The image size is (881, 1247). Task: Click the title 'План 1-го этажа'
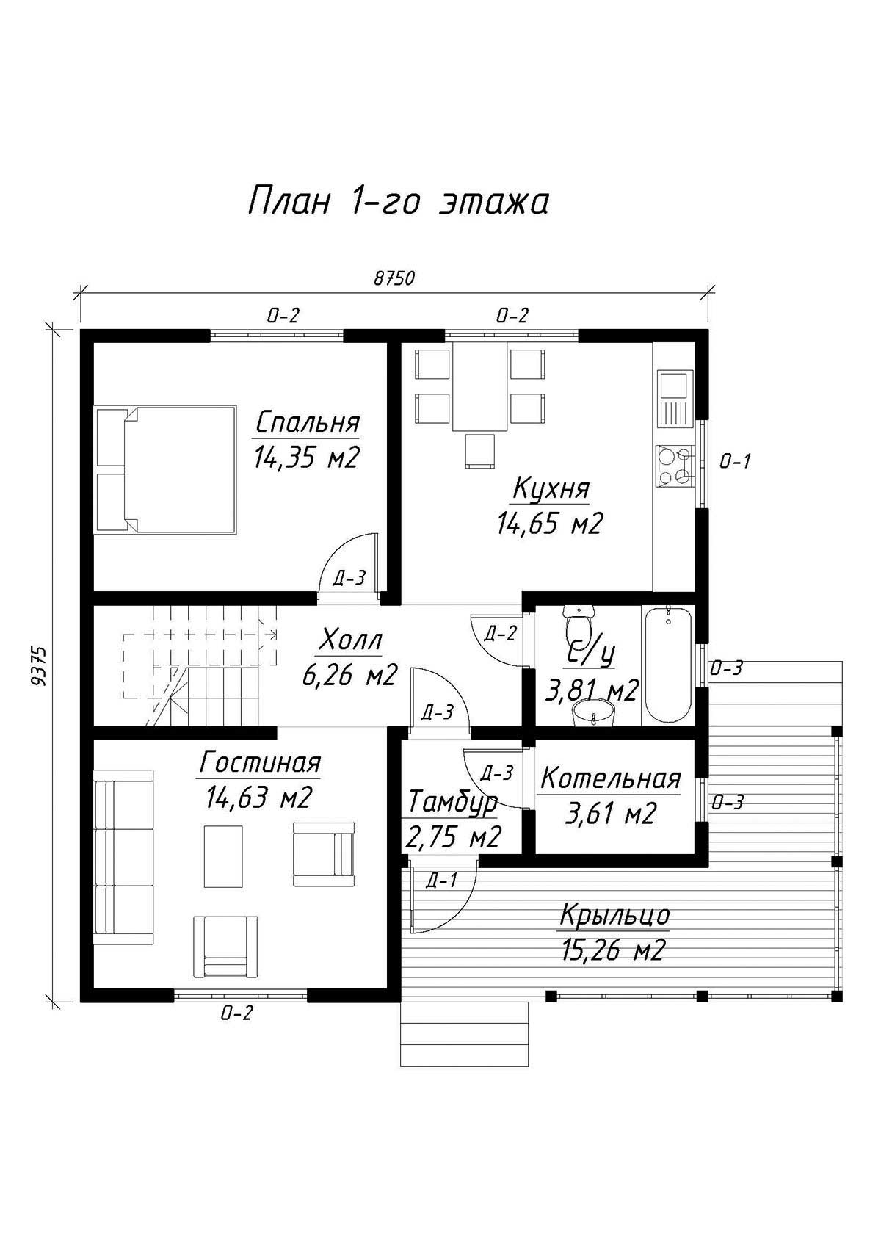(x=398, y=201)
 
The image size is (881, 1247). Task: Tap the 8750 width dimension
(x=394, y=279)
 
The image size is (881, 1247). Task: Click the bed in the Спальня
(x=166, y=469)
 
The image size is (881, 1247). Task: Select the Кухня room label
(x=551, y=488)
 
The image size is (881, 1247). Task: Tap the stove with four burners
(x=675, y=463)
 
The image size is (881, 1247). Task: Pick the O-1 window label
(x=735, y=461)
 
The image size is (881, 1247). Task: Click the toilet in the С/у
(x=579, y=624)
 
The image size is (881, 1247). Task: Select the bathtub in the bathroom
(x=668, y=665)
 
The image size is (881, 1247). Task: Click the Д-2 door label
(x=500, y=633)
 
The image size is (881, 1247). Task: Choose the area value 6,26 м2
(x=349, y=675)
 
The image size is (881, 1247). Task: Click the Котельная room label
(x=611, y=778)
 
